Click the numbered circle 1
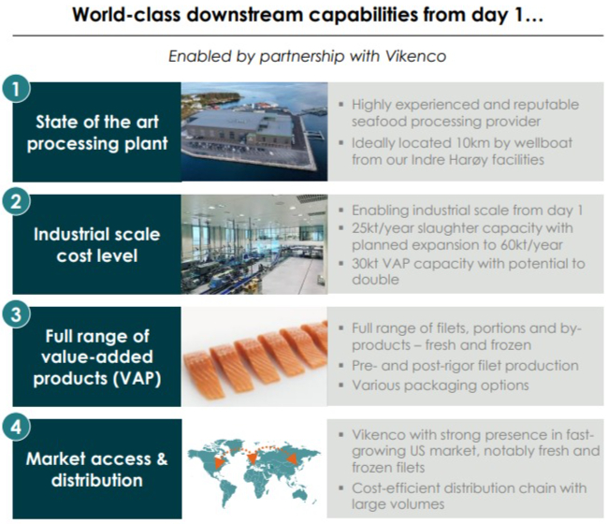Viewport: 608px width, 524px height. click(x=16, y=89)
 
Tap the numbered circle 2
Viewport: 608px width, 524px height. click(x=16, y=202)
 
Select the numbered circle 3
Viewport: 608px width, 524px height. click(x=16, y=314)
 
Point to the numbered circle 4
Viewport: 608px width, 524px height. click(x=16, y=427)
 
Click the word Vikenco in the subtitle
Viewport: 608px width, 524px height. click(x=415, y=56)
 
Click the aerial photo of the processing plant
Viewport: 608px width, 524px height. click(x=254, y=132)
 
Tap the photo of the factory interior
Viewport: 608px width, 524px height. click(x=254, y=244)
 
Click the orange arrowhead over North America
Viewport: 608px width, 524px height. click(x=219, y=461)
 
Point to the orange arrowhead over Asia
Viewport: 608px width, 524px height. click(x=292, y=458)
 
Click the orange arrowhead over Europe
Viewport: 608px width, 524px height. click(x=252, y=458)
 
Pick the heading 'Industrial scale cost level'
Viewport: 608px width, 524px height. click(x=97, y=245)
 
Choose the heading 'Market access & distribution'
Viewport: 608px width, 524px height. click(x=97, y=470)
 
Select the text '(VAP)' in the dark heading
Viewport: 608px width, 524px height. click(x=137, y=378)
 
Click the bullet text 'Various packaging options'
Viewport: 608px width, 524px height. click(x=441, y=386)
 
